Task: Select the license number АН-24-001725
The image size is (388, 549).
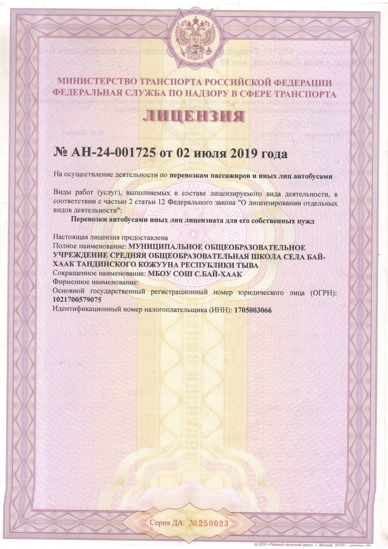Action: (x=111, y=154)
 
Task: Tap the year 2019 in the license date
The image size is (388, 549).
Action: (x=245, y=154)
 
